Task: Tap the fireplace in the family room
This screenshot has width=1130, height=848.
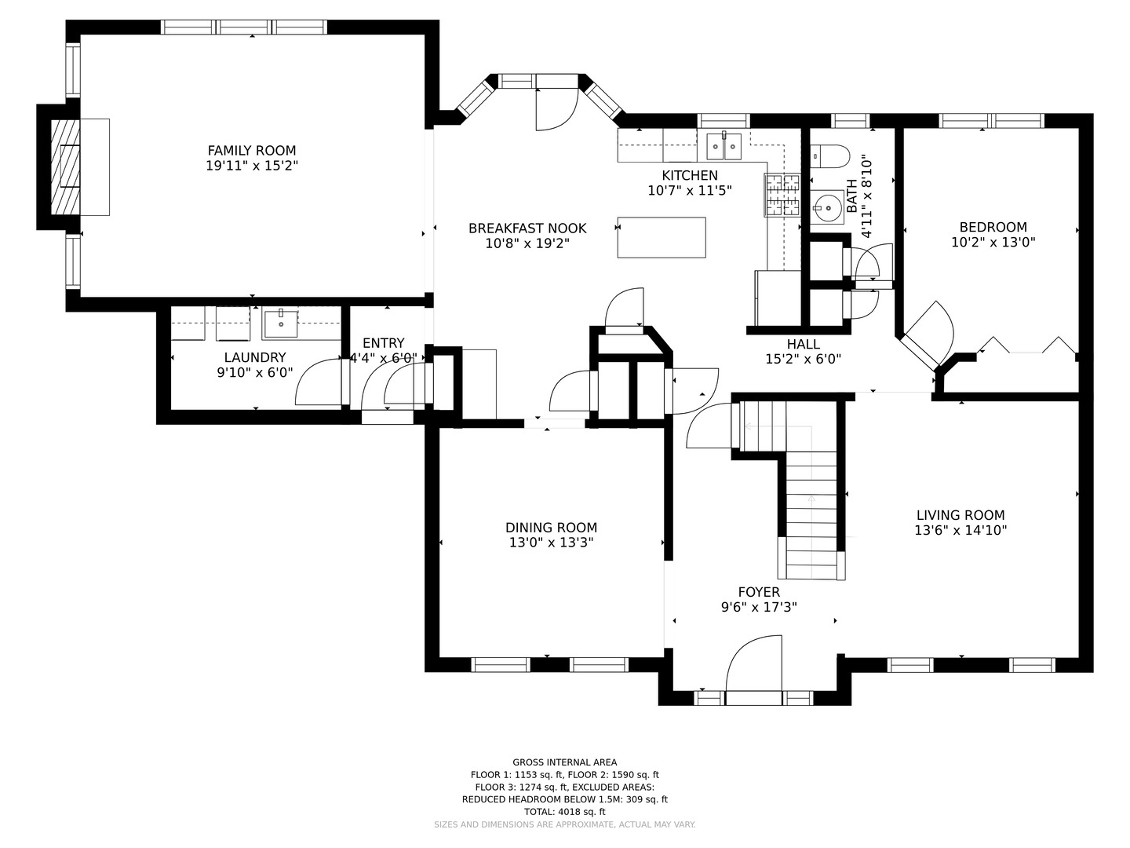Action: [66, 167]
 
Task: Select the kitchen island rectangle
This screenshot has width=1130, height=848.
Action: [662, 237]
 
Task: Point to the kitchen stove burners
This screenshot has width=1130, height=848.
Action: [782, 195]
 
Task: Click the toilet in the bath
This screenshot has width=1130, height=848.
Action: [829, 156]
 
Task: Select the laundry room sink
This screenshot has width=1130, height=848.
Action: [281, 323]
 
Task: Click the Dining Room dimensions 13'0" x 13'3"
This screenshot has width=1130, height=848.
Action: [552, 542]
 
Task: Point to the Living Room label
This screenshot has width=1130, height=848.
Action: [960, 515]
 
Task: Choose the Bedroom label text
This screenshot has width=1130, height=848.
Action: [993, 227]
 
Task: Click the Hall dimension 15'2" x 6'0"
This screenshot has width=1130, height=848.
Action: [803, 359]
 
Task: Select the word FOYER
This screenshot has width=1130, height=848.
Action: [759, 592]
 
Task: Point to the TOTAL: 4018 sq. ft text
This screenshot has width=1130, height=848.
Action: [565, 812]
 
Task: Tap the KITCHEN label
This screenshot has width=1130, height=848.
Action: [690, 176]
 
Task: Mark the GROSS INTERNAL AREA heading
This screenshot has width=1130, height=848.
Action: [565, 762]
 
